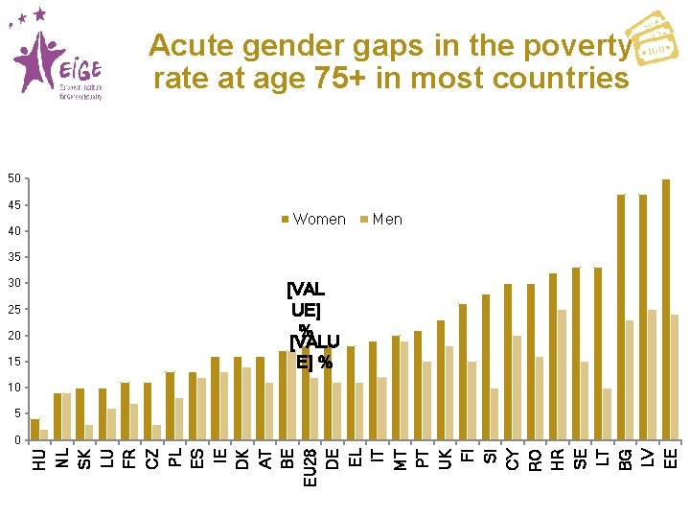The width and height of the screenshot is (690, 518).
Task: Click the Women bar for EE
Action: click(x=666, y=309)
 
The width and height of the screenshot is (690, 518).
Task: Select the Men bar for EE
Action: click(x=675, y=377)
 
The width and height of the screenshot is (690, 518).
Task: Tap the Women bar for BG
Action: click(x=621, y=317)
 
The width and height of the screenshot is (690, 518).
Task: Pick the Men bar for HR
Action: click(x=562, y=374)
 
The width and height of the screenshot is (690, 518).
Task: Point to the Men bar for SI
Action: click(x=494, y=413)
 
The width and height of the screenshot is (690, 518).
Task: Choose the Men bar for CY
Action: click(x=517, y=388)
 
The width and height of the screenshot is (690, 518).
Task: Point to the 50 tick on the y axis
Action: click(x=13, y=179)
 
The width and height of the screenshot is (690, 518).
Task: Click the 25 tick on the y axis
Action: click(x=13, y=310)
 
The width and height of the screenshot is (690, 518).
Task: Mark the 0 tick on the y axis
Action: click(x=16, y=440)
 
